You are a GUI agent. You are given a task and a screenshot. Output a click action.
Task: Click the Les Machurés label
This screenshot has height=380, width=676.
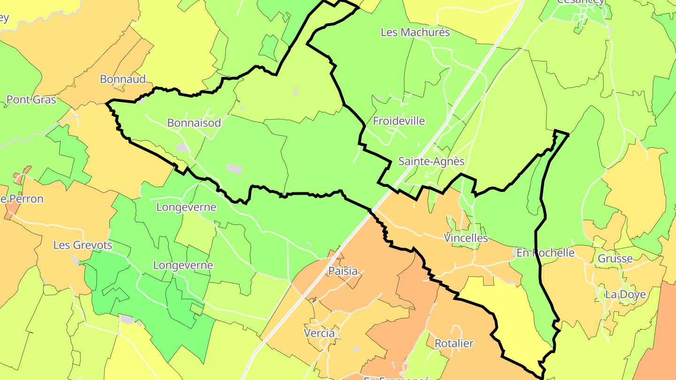[415, 32]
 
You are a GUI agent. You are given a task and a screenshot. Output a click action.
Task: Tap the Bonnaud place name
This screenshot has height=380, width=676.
[123, 79]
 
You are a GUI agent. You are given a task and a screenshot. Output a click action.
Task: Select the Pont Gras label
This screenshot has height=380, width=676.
[31, 99]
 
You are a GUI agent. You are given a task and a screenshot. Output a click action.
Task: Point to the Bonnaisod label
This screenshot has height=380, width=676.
[194, 123]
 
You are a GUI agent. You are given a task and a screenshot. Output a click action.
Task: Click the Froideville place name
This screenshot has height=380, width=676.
[399, 121]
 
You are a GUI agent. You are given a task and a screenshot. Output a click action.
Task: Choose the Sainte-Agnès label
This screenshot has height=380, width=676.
[431, 161]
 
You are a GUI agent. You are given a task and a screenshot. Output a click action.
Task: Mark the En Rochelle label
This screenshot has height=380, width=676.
[545, 253]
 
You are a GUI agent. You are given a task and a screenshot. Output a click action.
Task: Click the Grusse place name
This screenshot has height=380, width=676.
[615, 258]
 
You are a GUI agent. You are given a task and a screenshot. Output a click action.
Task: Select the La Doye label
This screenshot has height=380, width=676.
[625, 295]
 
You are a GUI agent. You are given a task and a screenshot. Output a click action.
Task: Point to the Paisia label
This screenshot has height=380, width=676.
[343, 271]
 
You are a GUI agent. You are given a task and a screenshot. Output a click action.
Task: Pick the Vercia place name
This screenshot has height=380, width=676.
[319, 334]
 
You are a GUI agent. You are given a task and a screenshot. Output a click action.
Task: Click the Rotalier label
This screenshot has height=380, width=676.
[454, 343]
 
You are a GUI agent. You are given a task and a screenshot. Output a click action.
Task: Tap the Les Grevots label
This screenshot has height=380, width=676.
[83, 245]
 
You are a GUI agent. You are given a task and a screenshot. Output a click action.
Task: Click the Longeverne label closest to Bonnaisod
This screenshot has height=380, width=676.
[186, 207]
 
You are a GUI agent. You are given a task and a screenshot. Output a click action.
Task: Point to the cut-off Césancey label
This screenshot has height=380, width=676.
[580, 2]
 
